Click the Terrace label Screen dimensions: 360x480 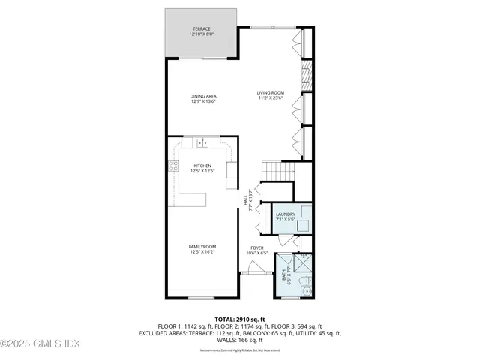pos(200,28)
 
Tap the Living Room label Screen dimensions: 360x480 pos(271,92)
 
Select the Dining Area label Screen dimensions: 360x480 pos(202,95)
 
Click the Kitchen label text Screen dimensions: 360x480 pos(202,166)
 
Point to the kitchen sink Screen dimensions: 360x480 pos(202,142)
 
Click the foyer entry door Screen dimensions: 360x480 pos(255,274)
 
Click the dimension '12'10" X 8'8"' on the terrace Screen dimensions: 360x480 pos(200,34)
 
